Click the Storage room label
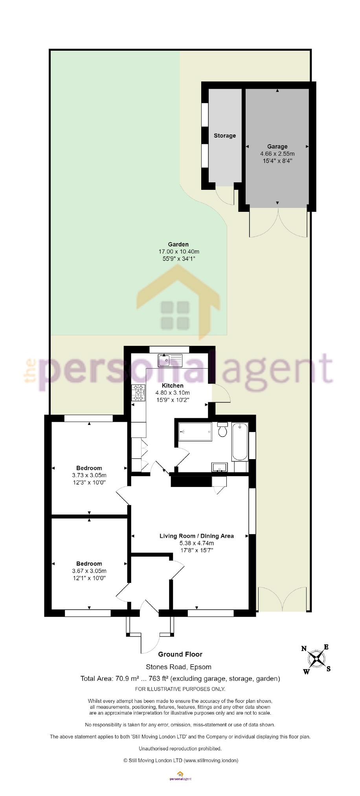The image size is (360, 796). (224, 136)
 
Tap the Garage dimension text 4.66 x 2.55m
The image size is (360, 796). (277, 154)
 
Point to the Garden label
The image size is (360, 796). (178, 244)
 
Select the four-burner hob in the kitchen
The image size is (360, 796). (138, 393)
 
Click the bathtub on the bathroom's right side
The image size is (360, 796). (240, 441)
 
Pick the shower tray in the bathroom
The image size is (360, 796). (195, 432)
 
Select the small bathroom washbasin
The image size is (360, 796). (219, 467)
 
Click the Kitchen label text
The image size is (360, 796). (173, 386)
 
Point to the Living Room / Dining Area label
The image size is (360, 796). (197, 536)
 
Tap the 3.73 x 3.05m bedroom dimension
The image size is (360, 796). (89, 475)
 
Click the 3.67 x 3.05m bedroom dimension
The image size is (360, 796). (89, 571)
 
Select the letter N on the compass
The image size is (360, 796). (304, 649)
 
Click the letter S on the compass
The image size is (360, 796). (329, 669)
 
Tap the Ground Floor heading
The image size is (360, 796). (180, 654)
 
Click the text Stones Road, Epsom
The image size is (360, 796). (178, 667)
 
